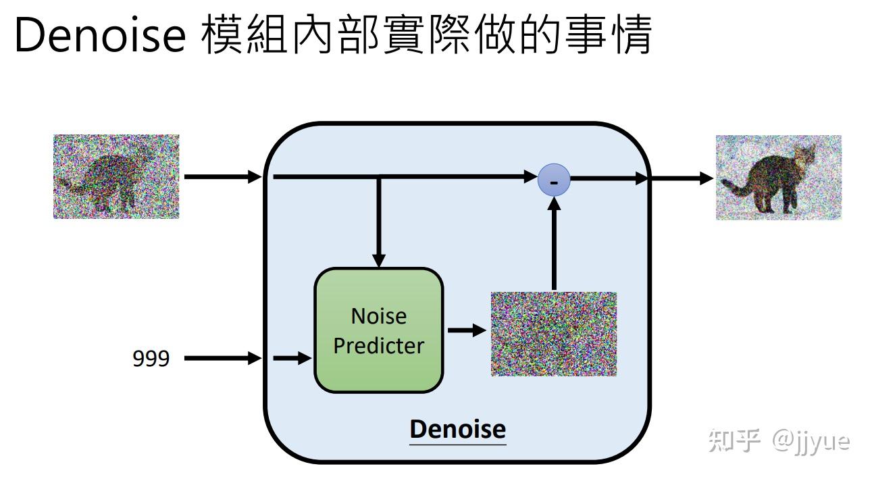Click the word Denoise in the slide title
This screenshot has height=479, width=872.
101,35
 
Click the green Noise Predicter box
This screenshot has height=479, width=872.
379,330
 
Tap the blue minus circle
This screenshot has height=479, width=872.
554,180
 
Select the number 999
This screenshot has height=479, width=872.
151,358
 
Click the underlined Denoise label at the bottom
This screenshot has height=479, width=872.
458,430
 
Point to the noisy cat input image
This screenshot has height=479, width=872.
116,176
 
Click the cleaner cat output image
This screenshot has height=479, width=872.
779,178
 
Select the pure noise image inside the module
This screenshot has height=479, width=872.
554,334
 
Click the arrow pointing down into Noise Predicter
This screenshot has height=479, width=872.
379,222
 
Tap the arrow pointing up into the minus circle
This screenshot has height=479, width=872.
554,244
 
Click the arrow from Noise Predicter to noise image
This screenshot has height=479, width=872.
467,330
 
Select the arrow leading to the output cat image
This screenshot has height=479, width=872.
682,179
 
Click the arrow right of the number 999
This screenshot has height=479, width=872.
223,358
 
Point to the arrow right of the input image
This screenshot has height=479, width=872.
223,177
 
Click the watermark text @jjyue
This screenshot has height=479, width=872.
811,441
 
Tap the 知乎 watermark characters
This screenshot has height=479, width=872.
734,440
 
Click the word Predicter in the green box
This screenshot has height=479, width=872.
379,346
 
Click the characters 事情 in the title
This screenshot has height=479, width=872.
609,34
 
